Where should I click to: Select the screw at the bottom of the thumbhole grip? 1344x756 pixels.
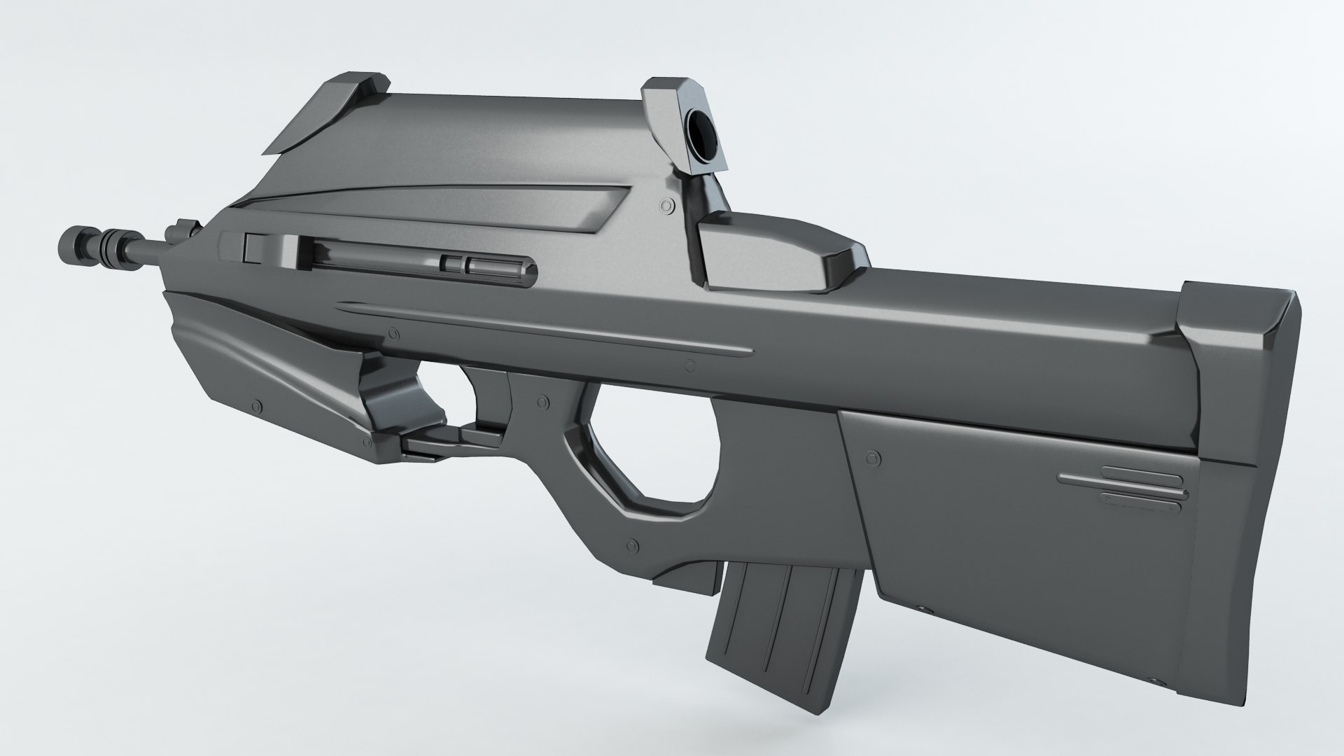634,544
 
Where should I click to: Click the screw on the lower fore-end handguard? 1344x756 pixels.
260,405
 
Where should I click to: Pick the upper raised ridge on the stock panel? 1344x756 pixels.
1120,479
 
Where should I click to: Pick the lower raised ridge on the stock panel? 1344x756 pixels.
1144,496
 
